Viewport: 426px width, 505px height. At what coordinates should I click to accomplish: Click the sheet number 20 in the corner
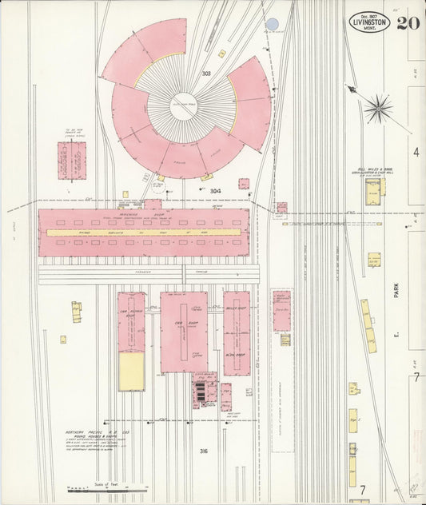(x=409, y=22)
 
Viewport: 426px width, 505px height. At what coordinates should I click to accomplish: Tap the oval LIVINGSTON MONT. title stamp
(x=369, y=22)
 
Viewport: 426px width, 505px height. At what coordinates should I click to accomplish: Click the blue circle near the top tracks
(x=273, y=25)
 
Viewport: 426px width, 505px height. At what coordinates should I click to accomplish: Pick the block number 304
(x=215, y=191)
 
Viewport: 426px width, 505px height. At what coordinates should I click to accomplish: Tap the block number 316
(x=204, y=451)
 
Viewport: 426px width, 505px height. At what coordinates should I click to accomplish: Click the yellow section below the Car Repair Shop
(x=132, y=372)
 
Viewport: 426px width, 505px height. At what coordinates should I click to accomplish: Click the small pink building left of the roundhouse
(x=72, y=160)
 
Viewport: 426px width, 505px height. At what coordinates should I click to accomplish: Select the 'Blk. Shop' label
(x=235, y=353)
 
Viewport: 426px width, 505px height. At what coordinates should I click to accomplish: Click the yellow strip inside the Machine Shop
(x=144, y=233)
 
